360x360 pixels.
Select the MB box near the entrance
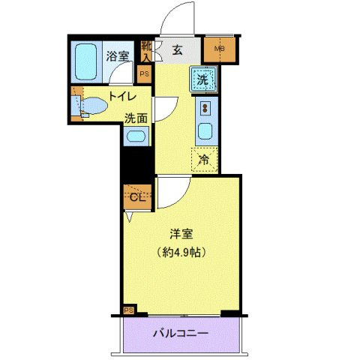(220, 51)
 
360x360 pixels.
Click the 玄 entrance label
(177, 50)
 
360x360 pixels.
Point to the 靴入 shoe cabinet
(146, 52)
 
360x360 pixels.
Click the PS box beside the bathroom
(145, 73)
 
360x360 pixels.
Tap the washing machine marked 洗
(204, 77)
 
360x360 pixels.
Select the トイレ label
(121, 96)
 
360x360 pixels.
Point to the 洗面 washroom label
(136, 117)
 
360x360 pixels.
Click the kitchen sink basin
(205, 132)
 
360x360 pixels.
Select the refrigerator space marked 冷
(204, 158)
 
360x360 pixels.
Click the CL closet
(136, 196)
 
